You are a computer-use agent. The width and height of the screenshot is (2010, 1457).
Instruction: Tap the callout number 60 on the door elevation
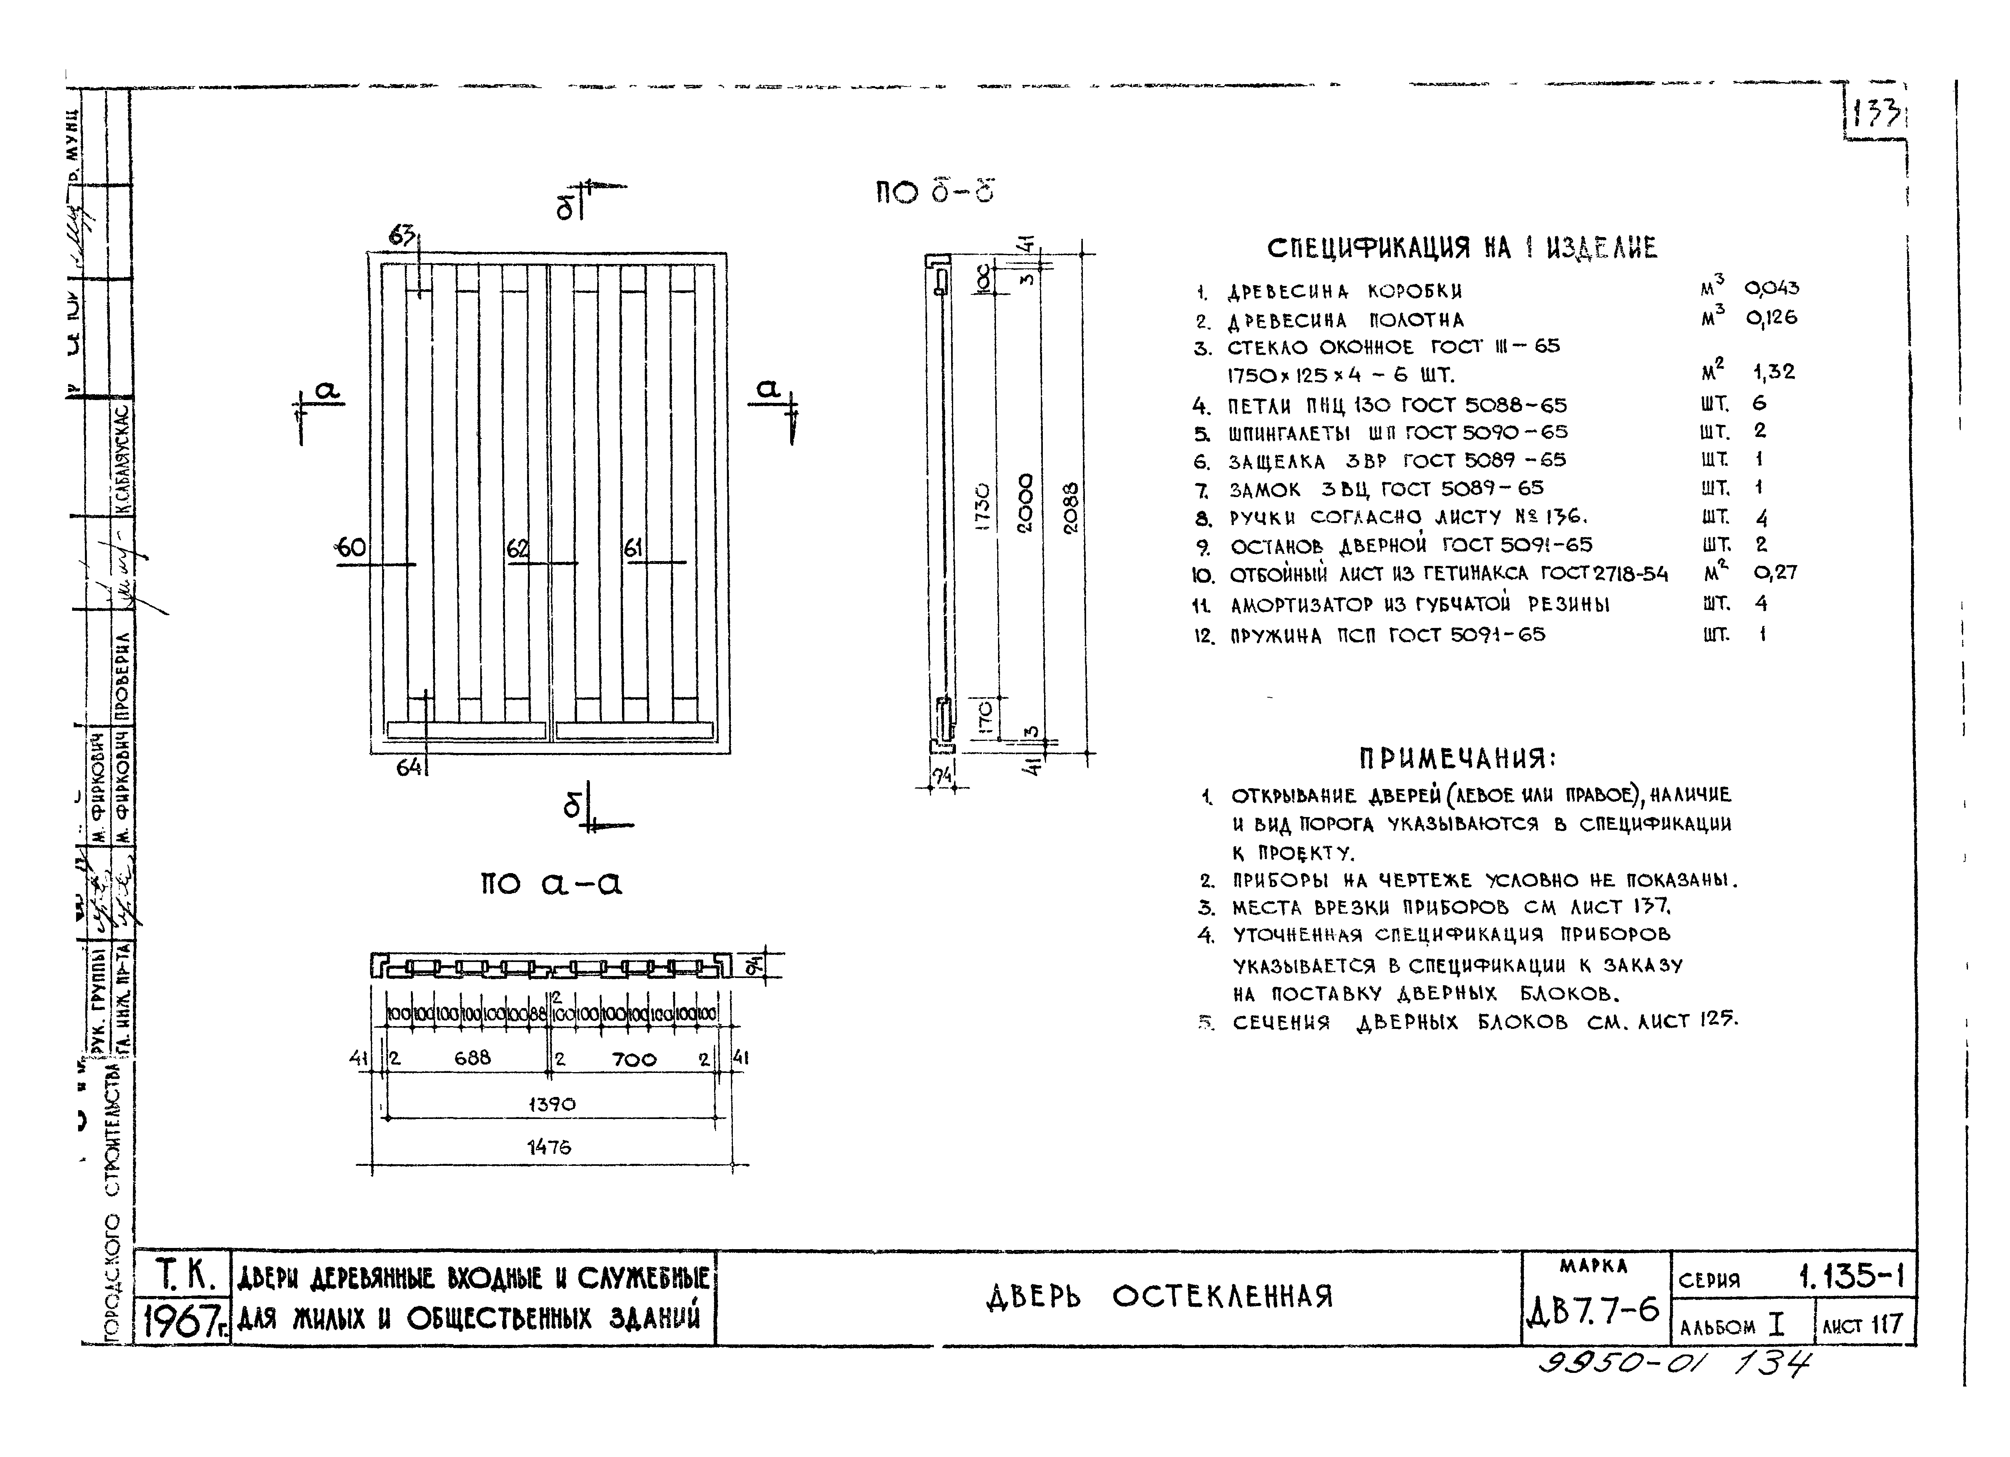(x=351, y=548)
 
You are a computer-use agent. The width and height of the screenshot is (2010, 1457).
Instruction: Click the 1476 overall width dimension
(x=549, y=1147)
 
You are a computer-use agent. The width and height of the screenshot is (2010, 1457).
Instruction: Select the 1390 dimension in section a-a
(x=551, y=1104)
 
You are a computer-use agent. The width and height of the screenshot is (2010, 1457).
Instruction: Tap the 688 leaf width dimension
(x=473, y=1057)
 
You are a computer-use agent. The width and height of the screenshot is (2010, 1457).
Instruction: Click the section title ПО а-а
(x=551, y=883)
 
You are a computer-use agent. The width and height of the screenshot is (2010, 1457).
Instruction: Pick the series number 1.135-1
(x=1851, y=1276)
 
